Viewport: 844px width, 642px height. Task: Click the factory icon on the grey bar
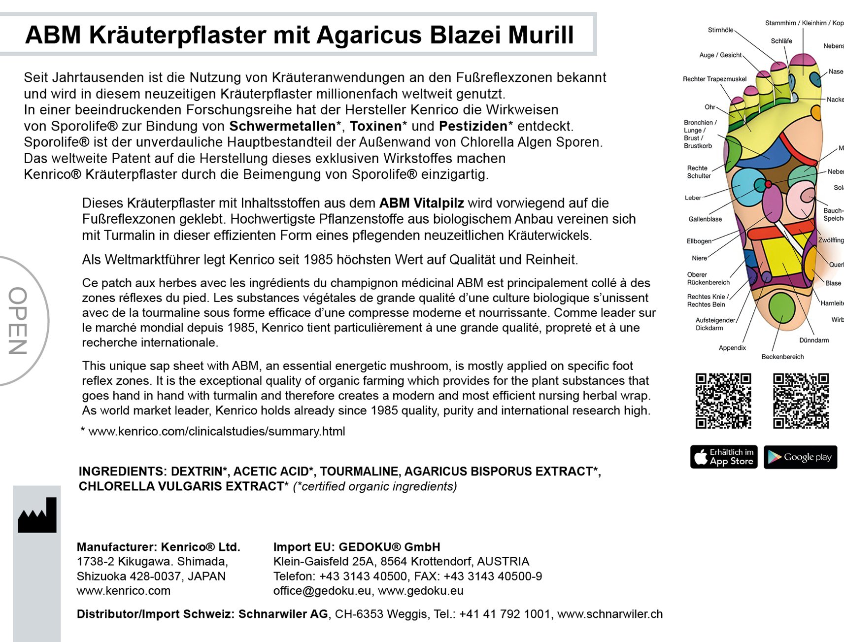click(x=37, y=516)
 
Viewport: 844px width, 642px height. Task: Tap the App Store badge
click(x=723, y=457)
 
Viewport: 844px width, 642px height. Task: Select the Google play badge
click(x=800, y=457)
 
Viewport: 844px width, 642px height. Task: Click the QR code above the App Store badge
click(x=723, y=401)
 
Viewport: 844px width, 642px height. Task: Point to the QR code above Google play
click(x=801, y=401)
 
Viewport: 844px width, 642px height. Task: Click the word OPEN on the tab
click(x=18, y=321)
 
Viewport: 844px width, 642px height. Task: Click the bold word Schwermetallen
click(x=282, y=126)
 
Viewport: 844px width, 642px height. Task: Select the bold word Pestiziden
click(x=473, y=126)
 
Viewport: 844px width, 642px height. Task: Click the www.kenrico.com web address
click(x=123, y=591)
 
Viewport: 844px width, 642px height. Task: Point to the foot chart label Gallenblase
click(x=705, y=219)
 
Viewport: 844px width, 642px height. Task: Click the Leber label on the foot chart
click(x=693, y=198)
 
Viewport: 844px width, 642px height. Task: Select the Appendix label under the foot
click(x=732, y=348)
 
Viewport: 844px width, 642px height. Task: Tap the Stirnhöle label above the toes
click(x=720, y=30)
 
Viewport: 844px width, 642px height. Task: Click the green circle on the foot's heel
click(x=781, y=306)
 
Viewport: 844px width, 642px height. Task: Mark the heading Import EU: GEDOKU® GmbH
click(x=357, y=547)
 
